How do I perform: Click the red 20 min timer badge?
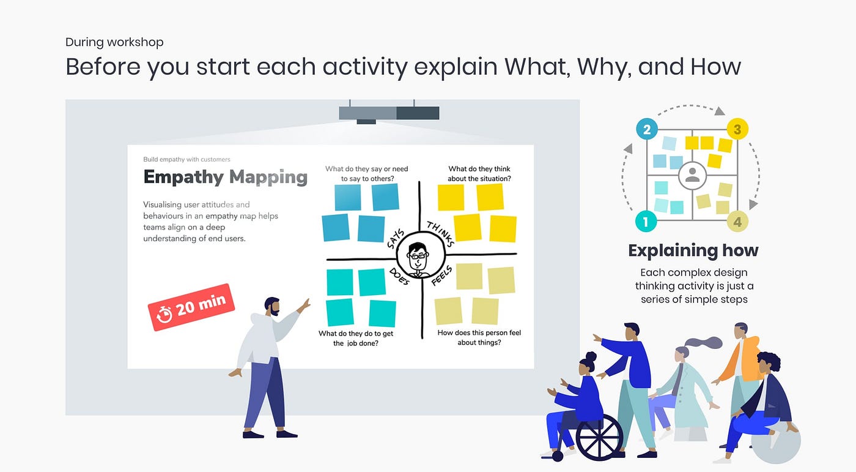point(191,307)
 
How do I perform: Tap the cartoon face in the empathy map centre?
point(419,257)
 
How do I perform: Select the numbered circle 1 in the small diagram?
point(646,220)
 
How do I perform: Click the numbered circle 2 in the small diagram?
point(647,129)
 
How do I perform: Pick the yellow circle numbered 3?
point(737,129)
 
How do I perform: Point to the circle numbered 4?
point(737,221)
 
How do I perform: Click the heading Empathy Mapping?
point(225,177)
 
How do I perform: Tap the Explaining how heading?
point(693,250)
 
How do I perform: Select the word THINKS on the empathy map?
point(441,234)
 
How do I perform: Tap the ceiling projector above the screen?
point(389,113)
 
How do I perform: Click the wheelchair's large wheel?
point(599,437)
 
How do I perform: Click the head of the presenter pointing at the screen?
point(273,305)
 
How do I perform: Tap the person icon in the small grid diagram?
point(692,175)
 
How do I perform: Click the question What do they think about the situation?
point(479,174)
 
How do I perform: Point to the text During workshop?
point(114,42)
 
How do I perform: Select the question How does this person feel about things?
point(479,337)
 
